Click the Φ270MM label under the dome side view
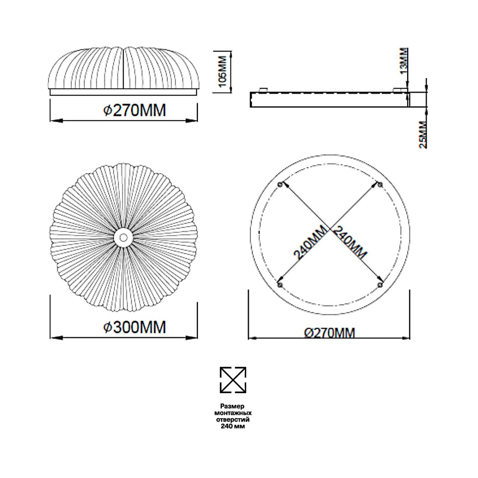[x=134, y=110]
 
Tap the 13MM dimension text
[x=404, y=62]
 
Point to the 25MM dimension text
[x=423, y=134]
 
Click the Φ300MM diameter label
[x=134, y=327]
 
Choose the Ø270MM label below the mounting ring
[x=330, y=333]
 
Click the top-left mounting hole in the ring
[x=280, y=184]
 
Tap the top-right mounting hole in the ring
[x=380, y=184]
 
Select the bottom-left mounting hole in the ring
[x=280, y=285]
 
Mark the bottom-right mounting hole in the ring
[x=380, y=285]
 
